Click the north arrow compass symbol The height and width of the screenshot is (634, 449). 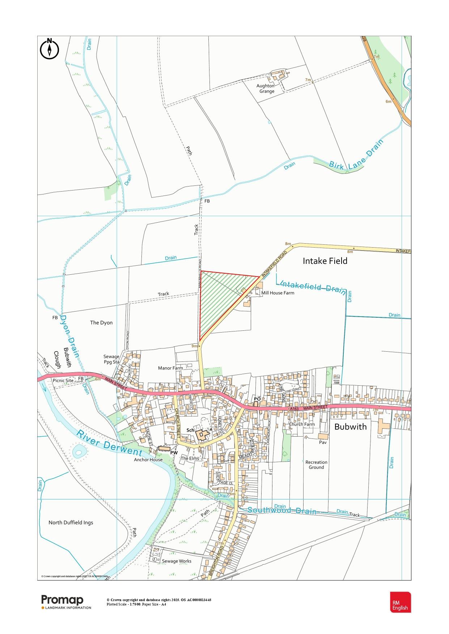(x=49, y=48)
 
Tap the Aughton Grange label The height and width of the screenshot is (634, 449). (x=265, y=89)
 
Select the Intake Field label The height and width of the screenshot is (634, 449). (x=325, y=261)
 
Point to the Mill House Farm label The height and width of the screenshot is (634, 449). (x=278, y=293)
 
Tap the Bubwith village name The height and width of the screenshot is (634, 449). (x=350, y=427)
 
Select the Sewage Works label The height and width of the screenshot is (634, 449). (x=177, y=561)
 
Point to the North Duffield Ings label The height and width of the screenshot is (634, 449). (x=71, y=522)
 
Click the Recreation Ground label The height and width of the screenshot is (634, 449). (x=316, y=464)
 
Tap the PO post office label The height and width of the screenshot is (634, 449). (x=257, y=399)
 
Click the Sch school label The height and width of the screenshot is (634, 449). (x=190, y=430)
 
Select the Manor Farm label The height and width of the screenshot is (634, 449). (x=170, y=368)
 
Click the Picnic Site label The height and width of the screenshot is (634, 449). (x=63, y=380)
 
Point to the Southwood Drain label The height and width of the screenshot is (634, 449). (x=282, y=511)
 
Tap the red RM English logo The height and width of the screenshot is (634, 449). (x=400, y=602)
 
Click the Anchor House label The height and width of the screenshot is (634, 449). (x=148, y=460)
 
